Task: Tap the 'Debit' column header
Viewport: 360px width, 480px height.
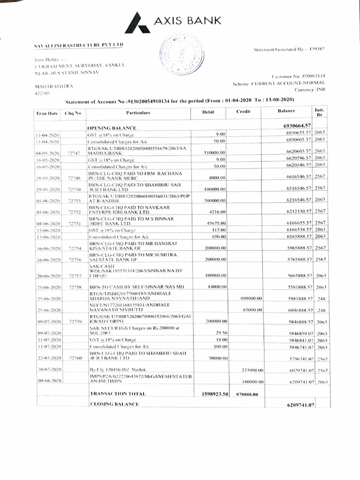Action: pyautogui.click(x=208, y=112)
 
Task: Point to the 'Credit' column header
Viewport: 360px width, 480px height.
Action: pyautogui.click(x=244, y=112)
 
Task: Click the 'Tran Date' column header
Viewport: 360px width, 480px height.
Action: pyautogui.click(x=46, y=113)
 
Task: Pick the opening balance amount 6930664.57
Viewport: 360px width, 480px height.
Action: pyautogui.click(x=297, y=126)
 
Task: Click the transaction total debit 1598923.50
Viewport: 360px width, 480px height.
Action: pyautogui.click(x=214, y=394)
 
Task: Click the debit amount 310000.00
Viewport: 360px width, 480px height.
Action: pyautogui.click(x=214, y=153)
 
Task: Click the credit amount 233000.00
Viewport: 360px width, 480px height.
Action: pyautogui.click(x=252, y=370)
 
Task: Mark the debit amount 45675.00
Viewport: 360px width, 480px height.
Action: pyautogui.click(x=217, y=224)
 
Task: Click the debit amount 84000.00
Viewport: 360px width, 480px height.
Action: pyautogui.click(x=216, y=286)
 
